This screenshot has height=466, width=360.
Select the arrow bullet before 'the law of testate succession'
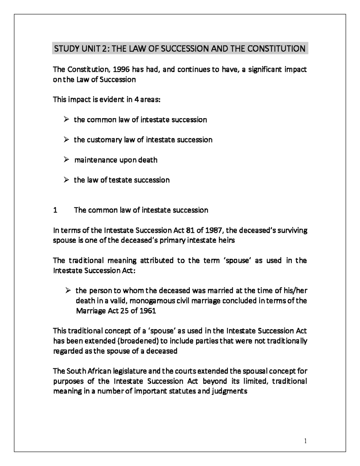point(66,180)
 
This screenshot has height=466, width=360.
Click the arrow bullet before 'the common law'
point(66,120)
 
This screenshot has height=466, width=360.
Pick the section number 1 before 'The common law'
point(55,210)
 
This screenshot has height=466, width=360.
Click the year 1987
point(214,230)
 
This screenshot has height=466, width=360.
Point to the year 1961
point(147,311)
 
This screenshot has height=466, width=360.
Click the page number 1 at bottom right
point(305,441)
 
